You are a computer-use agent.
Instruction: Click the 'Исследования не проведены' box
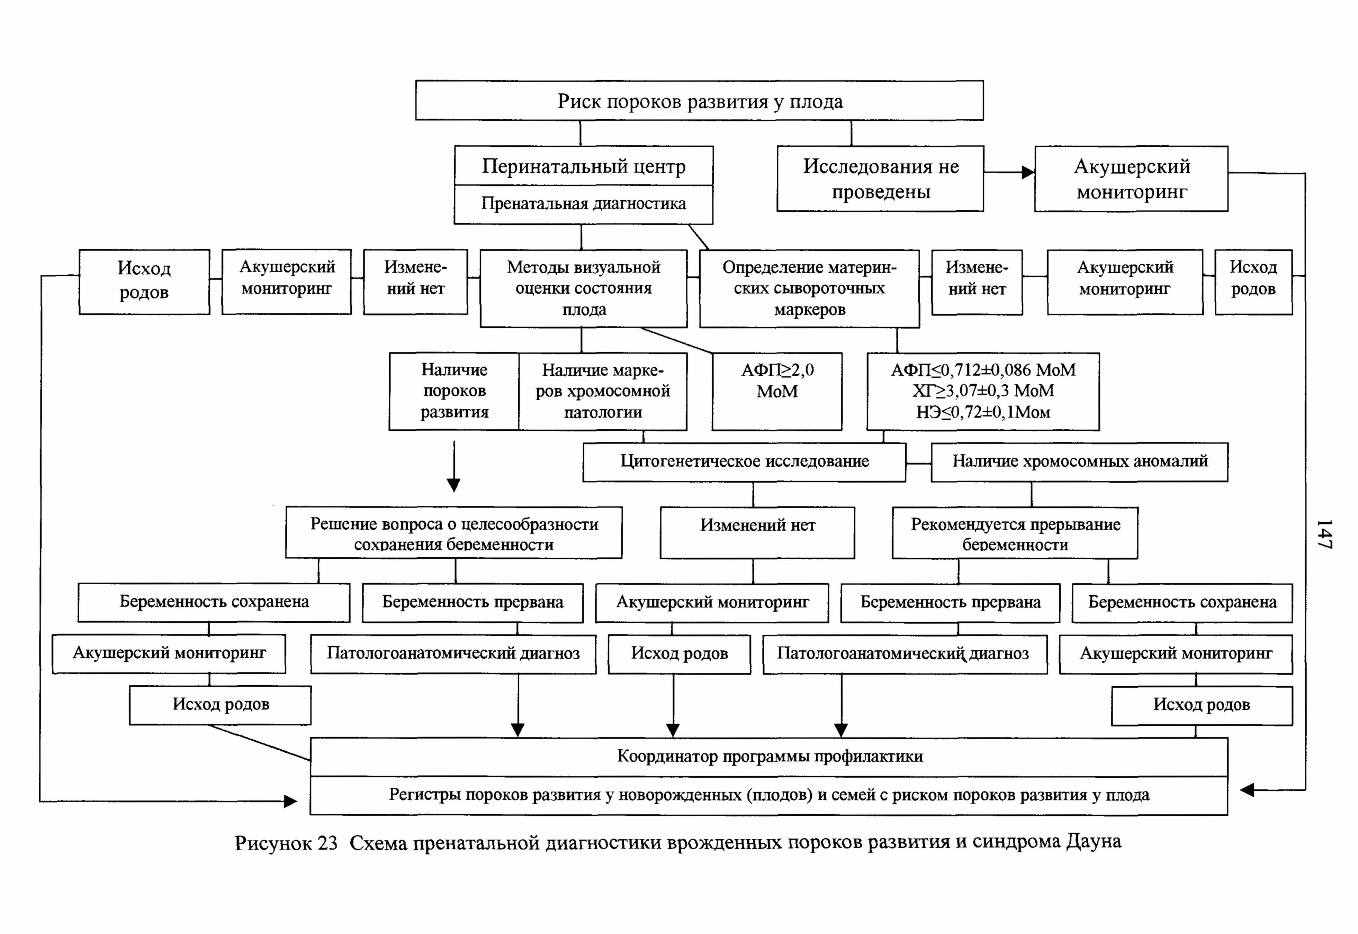880,178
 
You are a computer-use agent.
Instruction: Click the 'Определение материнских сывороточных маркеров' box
809,289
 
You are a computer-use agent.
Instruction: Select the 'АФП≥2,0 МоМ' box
777,392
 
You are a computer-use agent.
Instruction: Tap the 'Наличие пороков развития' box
454,392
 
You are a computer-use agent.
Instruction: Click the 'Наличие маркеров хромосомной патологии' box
603,392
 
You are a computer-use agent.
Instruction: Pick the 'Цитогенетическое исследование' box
744,462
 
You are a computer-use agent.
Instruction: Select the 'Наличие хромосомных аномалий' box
1079,462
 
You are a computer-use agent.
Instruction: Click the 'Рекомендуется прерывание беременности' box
1015,533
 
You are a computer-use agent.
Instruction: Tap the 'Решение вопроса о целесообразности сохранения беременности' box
454,533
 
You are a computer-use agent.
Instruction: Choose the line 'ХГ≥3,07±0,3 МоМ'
983,391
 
